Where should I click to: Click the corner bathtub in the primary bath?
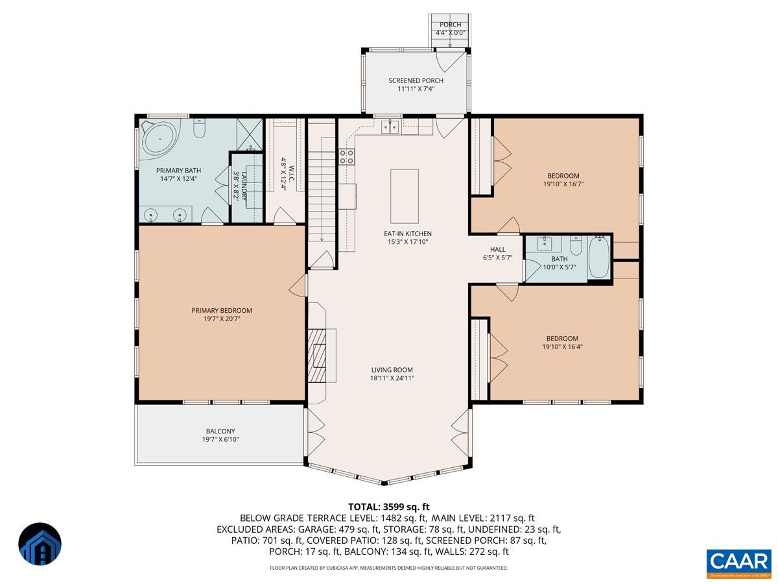click(158, 138)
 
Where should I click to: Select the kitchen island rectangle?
click(404, 196)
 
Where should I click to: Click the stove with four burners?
click(347, 156)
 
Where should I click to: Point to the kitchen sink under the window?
click(390, 127)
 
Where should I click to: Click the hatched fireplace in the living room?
click(318, 356)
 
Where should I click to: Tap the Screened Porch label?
click(416, 80)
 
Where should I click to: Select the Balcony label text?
click(220, 431)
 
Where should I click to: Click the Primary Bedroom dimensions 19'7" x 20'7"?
click(221, 319)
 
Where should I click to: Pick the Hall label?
click(497, 249)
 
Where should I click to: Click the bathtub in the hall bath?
click(598, 259)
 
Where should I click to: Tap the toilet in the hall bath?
click(576, 246)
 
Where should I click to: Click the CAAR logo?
click(738, 562)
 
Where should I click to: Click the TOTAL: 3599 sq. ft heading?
click(389, 507)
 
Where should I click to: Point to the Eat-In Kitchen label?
click(407, 234)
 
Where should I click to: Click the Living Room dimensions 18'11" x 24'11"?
click(392, 378)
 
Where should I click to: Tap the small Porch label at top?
click(450, 25)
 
